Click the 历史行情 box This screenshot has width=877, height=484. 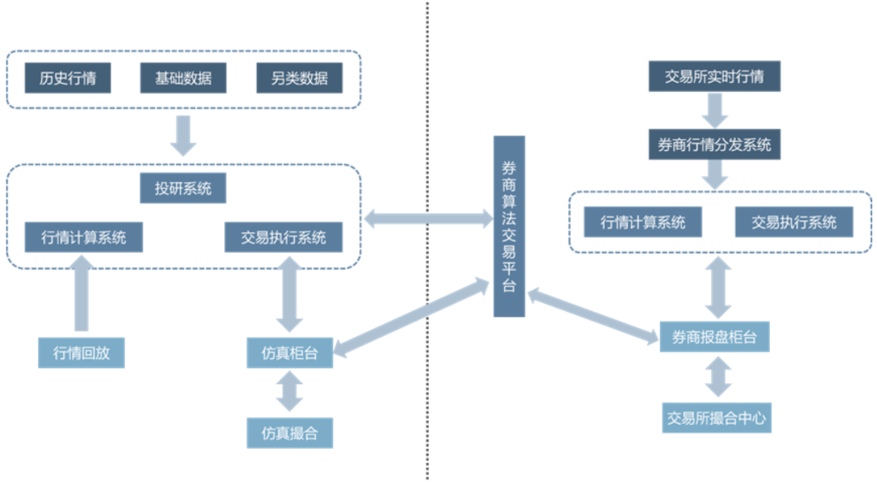[67, 79]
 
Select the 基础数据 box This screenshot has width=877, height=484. [184, 79]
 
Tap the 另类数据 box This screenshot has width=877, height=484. [300, 79]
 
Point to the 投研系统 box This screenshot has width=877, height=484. [184, 188]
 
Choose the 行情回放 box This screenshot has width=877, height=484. [81, 353]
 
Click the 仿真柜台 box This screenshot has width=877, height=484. [290, 353]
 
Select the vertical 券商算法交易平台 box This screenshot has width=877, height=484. [509, 226]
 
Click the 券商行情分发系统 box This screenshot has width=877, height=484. [715, 145]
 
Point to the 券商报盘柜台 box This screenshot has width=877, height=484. [715, 336]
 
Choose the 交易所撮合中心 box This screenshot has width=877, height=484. [715, 418]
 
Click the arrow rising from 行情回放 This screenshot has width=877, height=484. [81, 292]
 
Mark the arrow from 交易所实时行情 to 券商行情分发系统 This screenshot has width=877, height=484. [715, 110]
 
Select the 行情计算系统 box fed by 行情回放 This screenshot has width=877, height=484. [84, 238]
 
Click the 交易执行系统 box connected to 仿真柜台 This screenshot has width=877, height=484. [283, 238]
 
